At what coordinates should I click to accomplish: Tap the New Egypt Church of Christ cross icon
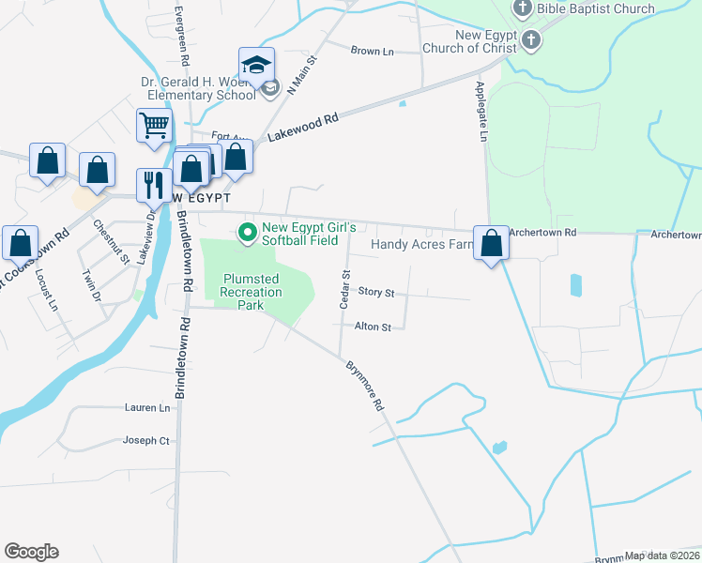click(532, 40)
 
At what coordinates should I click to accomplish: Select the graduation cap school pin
click(256, 65)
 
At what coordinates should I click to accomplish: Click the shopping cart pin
click(154, 125)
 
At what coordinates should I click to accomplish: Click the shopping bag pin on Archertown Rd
click(491, 244)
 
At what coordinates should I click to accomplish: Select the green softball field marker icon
click(248, 232)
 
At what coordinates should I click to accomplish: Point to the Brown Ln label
click(372, 51)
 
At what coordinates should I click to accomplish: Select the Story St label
click(375, 293)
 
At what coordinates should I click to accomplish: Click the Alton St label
click(373, 327)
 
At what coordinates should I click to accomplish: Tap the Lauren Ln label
click(147, 408)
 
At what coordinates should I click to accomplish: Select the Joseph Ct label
click(145, 440)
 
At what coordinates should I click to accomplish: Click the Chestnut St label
click(111, 242)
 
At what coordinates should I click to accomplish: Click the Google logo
click(31, 552)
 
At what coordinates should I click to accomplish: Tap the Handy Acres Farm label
click(419, 245)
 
